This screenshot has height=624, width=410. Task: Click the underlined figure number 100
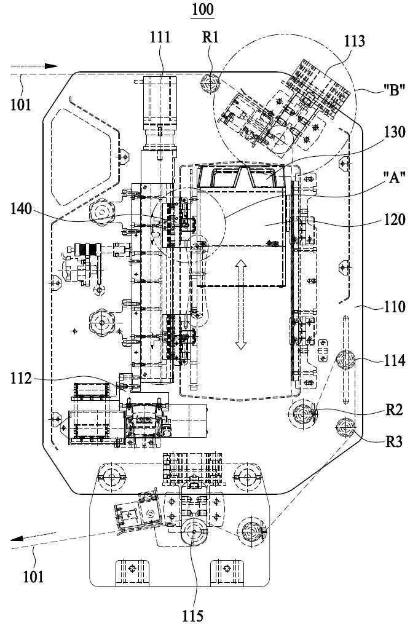(x=203, y=10)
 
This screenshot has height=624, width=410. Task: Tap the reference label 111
(x=160, y=37)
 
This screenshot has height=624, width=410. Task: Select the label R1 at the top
(x=211, y=37)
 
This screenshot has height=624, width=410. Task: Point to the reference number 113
(x=354, y=41)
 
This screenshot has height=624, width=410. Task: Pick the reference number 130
(x=394, y=132)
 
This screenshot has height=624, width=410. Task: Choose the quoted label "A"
(x=394, y=176)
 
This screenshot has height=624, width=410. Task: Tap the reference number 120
(x=394, y=219)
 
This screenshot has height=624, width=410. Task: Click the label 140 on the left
(x=21, y=208)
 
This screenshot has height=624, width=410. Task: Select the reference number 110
(x=394, y=307)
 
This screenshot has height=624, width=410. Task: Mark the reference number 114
(x=394, y=360)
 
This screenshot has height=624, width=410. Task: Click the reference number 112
(x=21, y=379)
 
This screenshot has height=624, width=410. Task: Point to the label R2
(x=394, y=409)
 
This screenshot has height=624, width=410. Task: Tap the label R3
(x=394, y=441)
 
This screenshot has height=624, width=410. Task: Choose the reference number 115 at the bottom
(x=193, y=615)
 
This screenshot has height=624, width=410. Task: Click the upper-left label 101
(x=20, y=105)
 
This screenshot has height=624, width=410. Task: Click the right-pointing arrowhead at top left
(x=51, y=66)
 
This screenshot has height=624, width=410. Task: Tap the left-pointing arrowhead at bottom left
(x=17, y=539)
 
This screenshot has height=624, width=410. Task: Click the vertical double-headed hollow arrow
(x=240, y=304)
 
